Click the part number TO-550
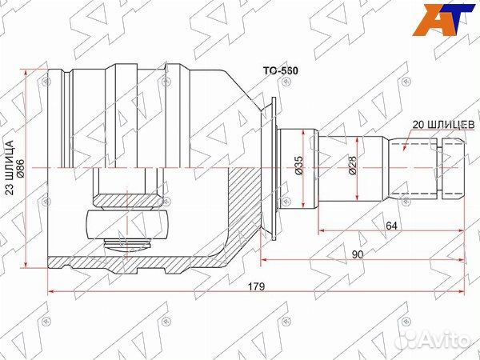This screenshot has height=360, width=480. click(281, 71)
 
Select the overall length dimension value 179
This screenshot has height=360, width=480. click(255, 286)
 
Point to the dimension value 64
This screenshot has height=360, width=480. click(391, 226)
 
